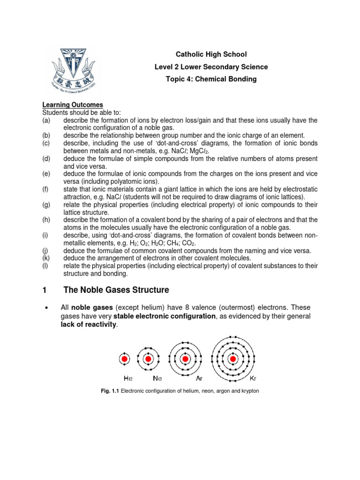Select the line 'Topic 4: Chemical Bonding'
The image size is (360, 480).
click(211, 79)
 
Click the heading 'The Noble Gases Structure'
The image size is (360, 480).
click(116, 290)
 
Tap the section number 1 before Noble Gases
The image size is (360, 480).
click(45, 290)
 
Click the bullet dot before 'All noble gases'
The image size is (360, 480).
click(45, 307)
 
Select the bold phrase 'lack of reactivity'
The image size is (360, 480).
click(88, 325)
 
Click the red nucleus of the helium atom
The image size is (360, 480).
click(125, 359)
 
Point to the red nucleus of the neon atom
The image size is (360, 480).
click(149, 359)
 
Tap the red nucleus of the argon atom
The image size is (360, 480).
click(185, 359)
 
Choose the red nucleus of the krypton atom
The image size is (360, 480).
click(233, 360)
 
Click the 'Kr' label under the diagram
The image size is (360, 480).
click(254, 377)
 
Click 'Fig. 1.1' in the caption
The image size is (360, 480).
click(111, 391)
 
